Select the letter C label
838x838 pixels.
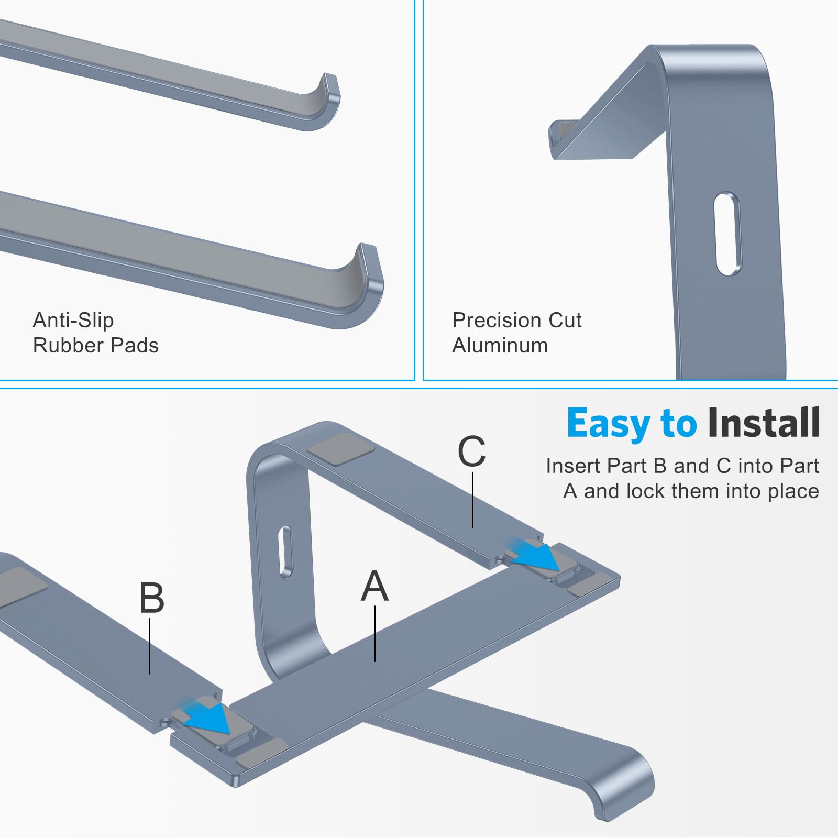coord(471,451)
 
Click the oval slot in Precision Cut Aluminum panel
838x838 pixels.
coord(727,234)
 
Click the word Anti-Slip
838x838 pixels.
coord(73,320)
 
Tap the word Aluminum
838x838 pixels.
coord(500,346)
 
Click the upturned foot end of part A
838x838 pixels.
coord(629,786)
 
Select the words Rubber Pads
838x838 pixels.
coord(95,346)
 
